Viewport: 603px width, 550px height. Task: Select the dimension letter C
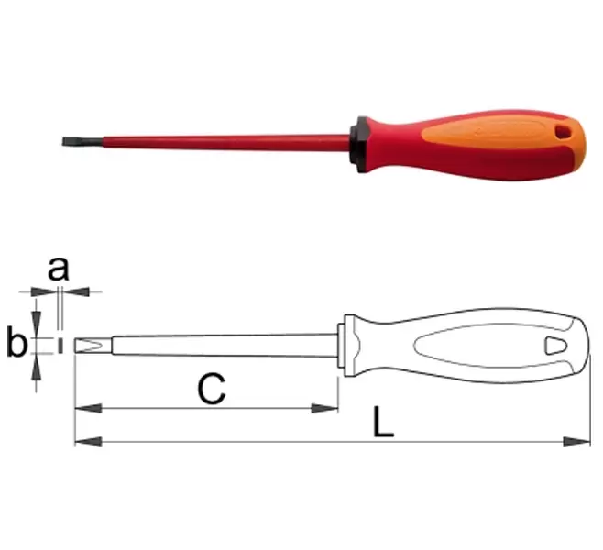tap(211, 389)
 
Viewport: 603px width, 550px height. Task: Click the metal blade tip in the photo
tap(82, 141)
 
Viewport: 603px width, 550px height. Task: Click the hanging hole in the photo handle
tap(563, 132)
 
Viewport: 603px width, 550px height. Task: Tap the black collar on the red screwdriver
tap(359, 144)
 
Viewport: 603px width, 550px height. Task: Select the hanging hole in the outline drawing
tap(555, 346)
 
